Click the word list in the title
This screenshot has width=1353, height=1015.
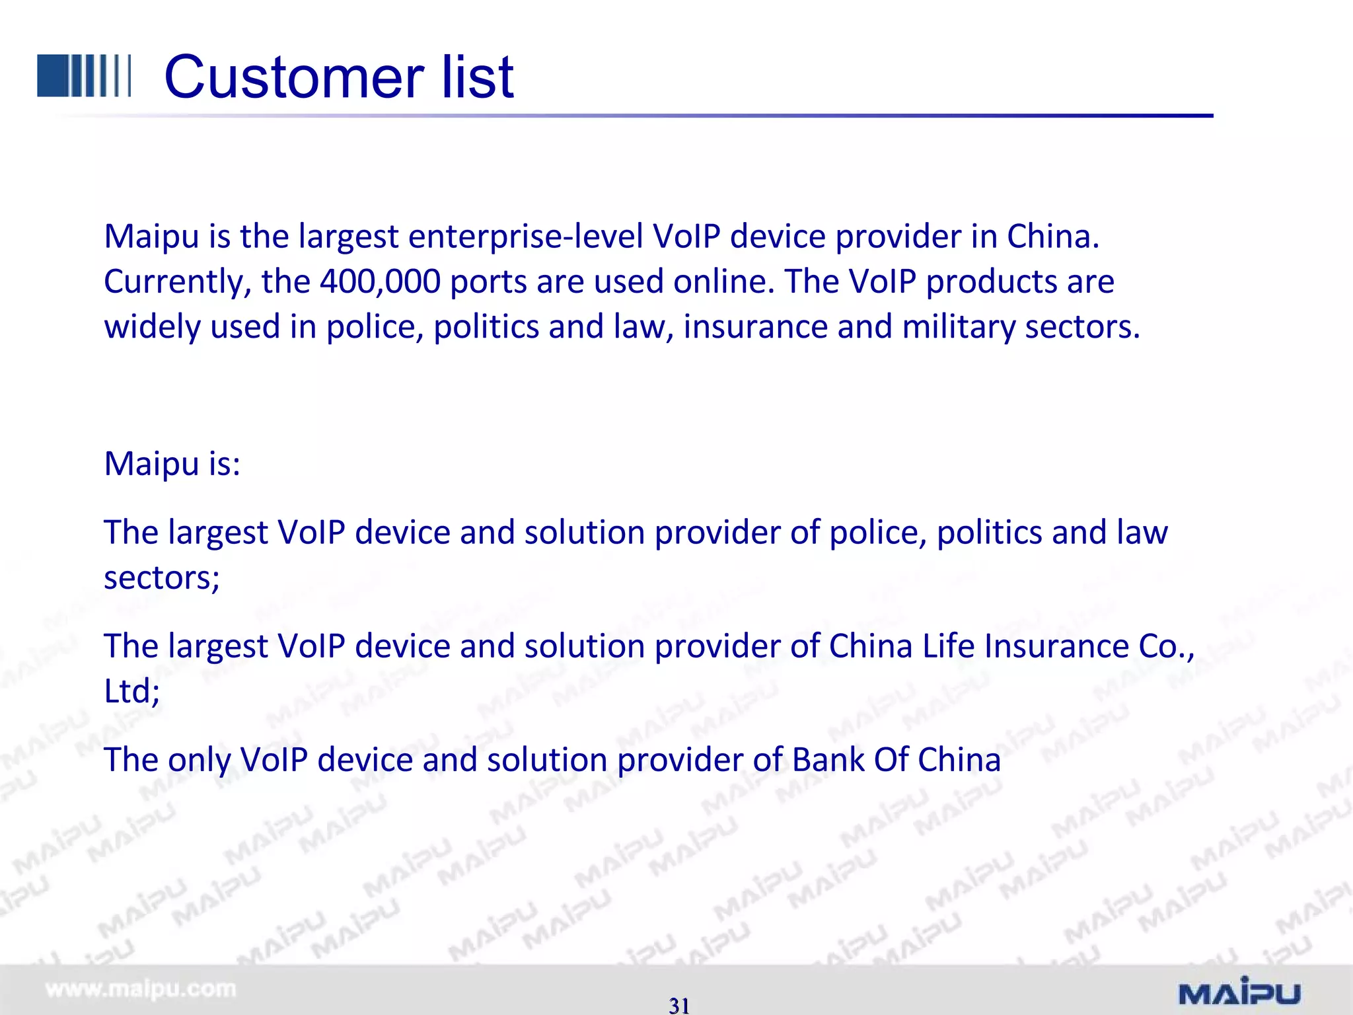click(x=477, y=77)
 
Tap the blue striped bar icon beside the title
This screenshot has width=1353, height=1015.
click(x=84, y=76)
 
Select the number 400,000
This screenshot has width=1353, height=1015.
click(x=380, y=282)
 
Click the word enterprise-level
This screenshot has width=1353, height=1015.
click(x=525, y=237)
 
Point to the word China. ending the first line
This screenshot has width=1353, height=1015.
click(x=1053, y=237)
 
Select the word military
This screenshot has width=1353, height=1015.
click(x=958, y=327)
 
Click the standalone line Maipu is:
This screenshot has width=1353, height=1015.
click(x=172, y=463)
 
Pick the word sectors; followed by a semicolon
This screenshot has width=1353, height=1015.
click(x=162, y=578)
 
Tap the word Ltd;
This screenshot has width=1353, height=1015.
click(x=131, y=692)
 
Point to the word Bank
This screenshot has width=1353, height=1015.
click(x=828, y=760)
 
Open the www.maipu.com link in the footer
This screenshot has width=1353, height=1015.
click(x=140, y=989)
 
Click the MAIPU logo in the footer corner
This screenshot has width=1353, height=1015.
click(x=1239, y=991)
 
